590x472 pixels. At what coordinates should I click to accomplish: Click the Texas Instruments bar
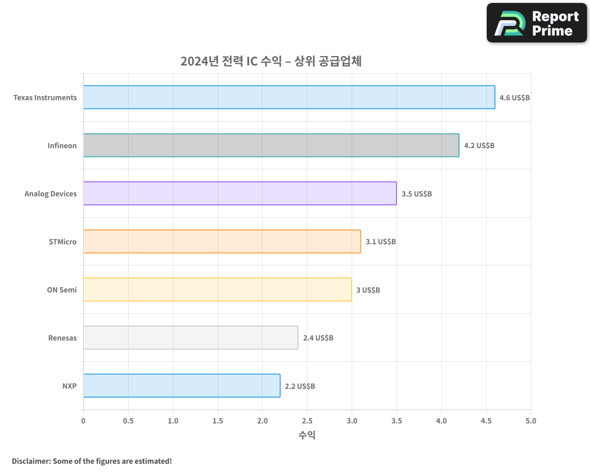(x=289, y=97)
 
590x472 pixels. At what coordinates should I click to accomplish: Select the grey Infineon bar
(x=271, y=145)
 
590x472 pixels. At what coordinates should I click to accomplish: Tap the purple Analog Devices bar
(x=240, y=193)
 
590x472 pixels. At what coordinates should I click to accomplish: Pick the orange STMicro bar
(x=222, y=241)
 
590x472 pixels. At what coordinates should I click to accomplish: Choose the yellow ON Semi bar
(x=217, y=289)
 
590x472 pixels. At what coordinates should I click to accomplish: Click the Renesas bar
(x=191, y=337)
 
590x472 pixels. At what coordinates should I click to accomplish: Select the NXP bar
(x=182, y=386)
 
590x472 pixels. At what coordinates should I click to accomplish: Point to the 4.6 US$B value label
(x=514, y=97)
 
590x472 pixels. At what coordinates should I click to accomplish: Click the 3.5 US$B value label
(x=417, y=194)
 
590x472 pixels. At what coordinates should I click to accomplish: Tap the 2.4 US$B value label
(x=318, y=338)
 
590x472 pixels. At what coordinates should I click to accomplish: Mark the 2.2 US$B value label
(x=300, y=386)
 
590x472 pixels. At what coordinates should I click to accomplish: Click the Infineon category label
(x=62, y=146)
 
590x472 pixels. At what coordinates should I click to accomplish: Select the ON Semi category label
(x=62, y=290)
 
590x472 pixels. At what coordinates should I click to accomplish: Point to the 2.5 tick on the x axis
(x=307, y=421)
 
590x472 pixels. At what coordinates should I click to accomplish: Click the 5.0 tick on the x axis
(x=530, y=421)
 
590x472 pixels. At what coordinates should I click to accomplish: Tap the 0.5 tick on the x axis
(x=128, y=421)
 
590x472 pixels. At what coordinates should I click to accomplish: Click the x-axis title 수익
(x=307, y=435)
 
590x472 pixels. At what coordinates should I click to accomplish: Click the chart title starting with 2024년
(x=271, y=61)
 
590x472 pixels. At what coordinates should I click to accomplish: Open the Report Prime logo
(x=537, y=23)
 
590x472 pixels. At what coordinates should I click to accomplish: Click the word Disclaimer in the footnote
(x=30, y=461)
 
